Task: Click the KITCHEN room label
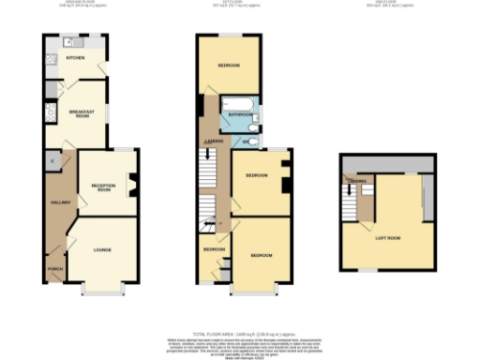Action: point(75,59)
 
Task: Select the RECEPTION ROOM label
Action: point(102,187)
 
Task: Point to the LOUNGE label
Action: point(102,250)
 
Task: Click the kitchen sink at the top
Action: point(69,41)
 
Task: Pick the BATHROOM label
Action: point(240,115)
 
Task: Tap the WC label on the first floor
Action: point(246,142)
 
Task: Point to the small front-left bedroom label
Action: point(215,250)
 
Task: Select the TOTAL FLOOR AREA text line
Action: point(239,333)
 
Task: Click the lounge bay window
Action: point(102,290)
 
